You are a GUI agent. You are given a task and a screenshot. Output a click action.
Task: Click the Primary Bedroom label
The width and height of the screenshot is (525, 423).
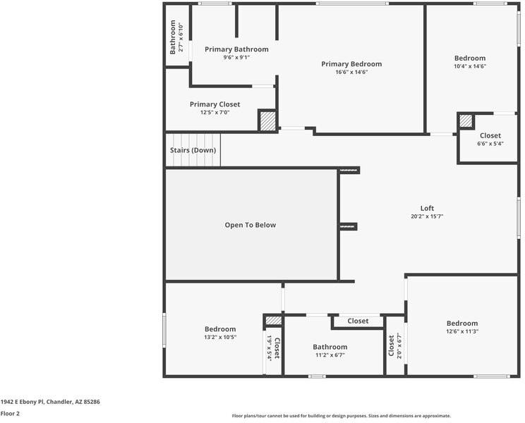click(351, 64)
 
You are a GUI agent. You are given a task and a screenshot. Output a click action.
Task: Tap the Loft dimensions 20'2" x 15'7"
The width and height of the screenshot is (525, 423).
click(427, 216)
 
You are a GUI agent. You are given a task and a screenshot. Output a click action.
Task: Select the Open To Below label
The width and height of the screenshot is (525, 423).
click(250, 225)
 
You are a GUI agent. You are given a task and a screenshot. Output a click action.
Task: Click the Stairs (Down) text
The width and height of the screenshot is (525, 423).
click(193, 150)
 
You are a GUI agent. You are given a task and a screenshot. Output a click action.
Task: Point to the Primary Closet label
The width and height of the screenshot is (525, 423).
click(215, 104)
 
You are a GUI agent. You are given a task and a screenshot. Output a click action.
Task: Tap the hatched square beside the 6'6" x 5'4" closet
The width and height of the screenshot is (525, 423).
click(466, 121)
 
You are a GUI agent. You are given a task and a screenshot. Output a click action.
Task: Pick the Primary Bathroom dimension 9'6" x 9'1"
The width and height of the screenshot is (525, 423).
click(236, 57)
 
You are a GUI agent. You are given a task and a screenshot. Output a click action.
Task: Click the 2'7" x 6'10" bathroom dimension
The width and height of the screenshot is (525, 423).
click(181, 37)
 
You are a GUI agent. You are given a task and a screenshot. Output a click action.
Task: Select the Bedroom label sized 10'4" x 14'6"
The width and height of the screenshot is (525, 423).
click(470, 59)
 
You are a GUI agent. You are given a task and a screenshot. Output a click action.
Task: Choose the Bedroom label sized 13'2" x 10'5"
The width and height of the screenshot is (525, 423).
click(220, 329)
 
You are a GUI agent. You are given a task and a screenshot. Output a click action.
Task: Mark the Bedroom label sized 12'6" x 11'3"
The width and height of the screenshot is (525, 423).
click(462, 324)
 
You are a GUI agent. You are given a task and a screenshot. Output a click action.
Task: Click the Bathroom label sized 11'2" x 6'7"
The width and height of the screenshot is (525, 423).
click(330, 347)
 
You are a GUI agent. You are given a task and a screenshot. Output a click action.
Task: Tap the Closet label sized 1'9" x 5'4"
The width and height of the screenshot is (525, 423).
click(277, 348)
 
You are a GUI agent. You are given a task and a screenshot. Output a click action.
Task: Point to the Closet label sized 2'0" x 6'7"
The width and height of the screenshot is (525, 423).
click(391, 345)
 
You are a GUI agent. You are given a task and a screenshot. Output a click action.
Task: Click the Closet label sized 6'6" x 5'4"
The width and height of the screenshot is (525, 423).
click(490, 135)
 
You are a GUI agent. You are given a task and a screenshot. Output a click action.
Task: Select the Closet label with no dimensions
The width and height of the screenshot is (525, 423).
click(358, 321)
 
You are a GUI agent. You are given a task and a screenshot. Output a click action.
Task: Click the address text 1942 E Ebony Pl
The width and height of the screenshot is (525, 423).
click(22, 402)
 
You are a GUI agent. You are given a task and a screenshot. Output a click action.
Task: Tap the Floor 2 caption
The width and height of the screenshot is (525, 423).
click(10, 413)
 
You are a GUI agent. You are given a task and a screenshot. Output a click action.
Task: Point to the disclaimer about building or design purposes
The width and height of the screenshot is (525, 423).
click(342, 416)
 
